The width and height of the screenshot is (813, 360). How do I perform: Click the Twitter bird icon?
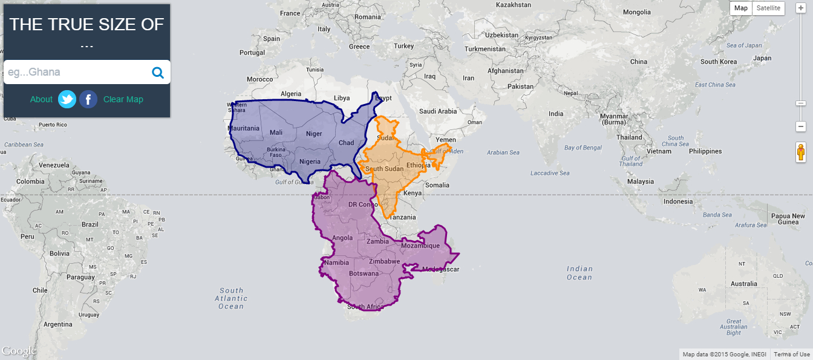[67, 99]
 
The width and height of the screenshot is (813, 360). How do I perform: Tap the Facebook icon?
[88, 99]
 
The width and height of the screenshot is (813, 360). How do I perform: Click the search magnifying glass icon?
[158, 73]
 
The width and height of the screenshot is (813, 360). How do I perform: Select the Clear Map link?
[123, 99]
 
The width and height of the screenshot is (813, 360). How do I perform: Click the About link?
[41, 99]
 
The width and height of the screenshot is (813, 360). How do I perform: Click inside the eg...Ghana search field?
[76, 72]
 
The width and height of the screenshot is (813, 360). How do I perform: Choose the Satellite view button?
[768, 8]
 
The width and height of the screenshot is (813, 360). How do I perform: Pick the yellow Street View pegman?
[801, 152]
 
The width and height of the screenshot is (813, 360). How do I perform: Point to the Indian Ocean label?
[579, 273]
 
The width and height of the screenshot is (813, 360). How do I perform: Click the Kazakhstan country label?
[513, 5]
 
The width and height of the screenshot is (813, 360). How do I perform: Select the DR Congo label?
[363, 205]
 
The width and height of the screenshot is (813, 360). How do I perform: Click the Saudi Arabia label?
[438, 111]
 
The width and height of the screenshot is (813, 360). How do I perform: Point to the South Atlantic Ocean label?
[231, 298]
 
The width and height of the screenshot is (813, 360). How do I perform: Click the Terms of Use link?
[791, 355]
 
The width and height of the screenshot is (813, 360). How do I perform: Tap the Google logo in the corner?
[19, 351]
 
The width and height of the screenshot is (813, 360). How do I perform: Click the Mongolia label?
[637, 12]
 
